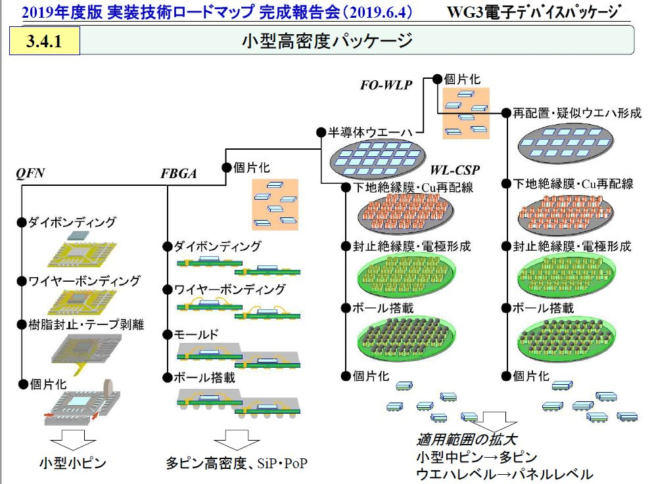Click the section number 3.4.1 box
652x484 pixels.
tap(44, 41)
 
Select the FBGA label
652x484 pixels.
tap(179, 173)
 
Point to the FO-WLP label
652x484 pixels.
tap(386, 85)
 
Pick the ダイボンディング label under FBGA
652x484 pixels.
tap(217, 247)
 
